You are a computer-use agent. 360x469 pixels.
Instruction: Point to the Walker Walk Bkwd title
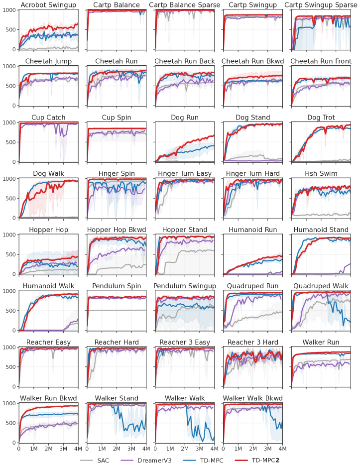point(252,398)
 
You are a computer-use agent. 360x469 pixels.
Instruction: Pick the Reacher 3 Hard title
point(252,342)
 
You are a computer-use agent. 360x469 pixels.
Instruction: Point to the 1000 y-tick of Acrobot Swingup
point(9,10)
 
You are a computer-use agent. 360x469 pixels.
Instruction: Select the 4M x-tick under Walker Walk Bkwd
point(281,449)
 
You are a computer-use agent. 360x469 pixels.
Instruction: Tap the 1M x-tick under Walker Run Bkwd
point(34,449)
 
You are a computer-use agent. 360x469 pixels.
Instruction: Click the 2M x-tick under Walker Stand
point(117,449)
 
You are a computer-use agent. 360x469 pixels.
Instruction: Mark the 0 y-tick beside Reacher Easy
point(15,386)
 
